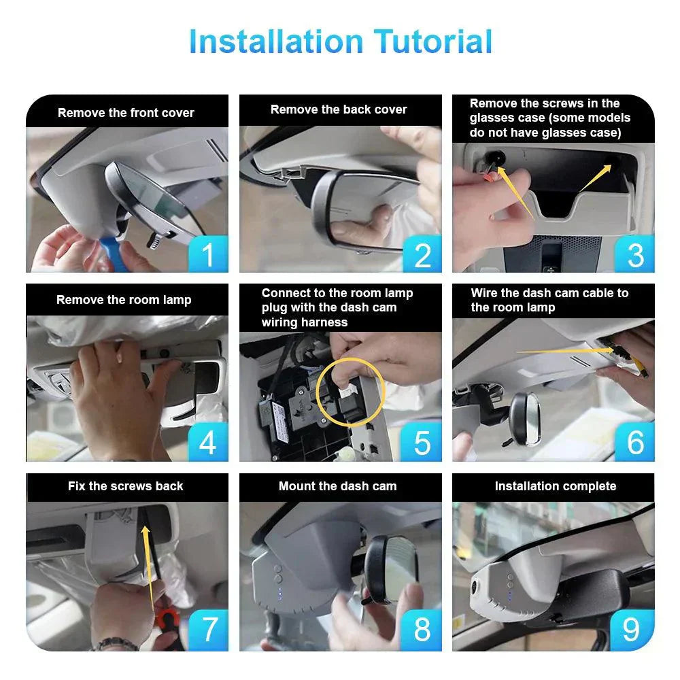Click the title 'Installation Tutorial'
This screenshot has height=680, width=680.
tap(340, 41)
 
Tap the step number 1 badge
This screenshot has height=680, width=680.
tap(208, 254)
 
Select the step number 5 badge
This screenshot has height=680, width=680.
tap(422, 443)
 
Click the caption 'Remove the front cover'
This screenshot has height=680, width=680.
tap(126, 113)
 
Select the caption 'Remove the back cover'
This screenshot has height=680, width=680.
tap(339, 109)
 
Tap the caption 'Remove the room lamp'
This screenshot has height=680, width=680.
tap(124, 300)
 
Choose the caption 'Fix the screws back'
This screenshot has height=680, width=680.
tap(126, 486)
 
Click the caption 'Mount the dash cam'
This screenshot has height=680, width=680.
tap(338, 486)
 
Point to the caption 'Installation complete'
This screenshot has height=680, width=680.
tap(555, 486)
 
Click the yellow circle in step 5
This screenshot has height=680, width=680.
tap(351, 390)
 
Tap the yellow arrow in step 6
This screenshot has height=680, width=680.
tap(564, 351)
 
